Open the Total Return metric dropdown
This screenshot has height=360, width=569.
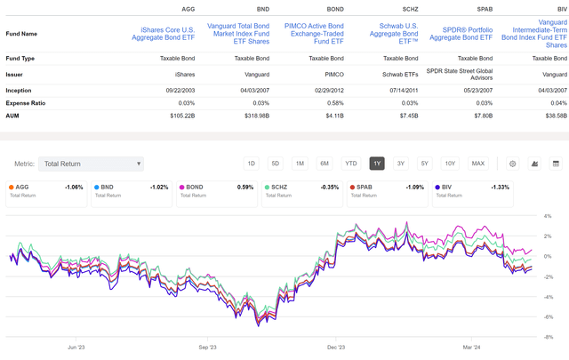[92, 164]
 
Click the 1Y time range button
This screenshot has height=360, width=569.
[377, 164]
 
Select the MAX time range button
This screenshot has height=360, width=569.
[477, 164]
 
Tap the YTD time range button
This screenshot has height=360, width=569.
[350, 164]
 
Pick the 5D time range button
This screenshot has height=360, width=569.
[276, 164]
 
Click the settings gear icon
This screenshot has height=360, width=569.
[513, 164]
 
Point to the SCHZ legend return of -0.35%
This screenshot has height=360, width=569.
[330, 188]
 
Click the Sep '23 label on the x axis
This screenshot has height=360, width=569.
[209, 349]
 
